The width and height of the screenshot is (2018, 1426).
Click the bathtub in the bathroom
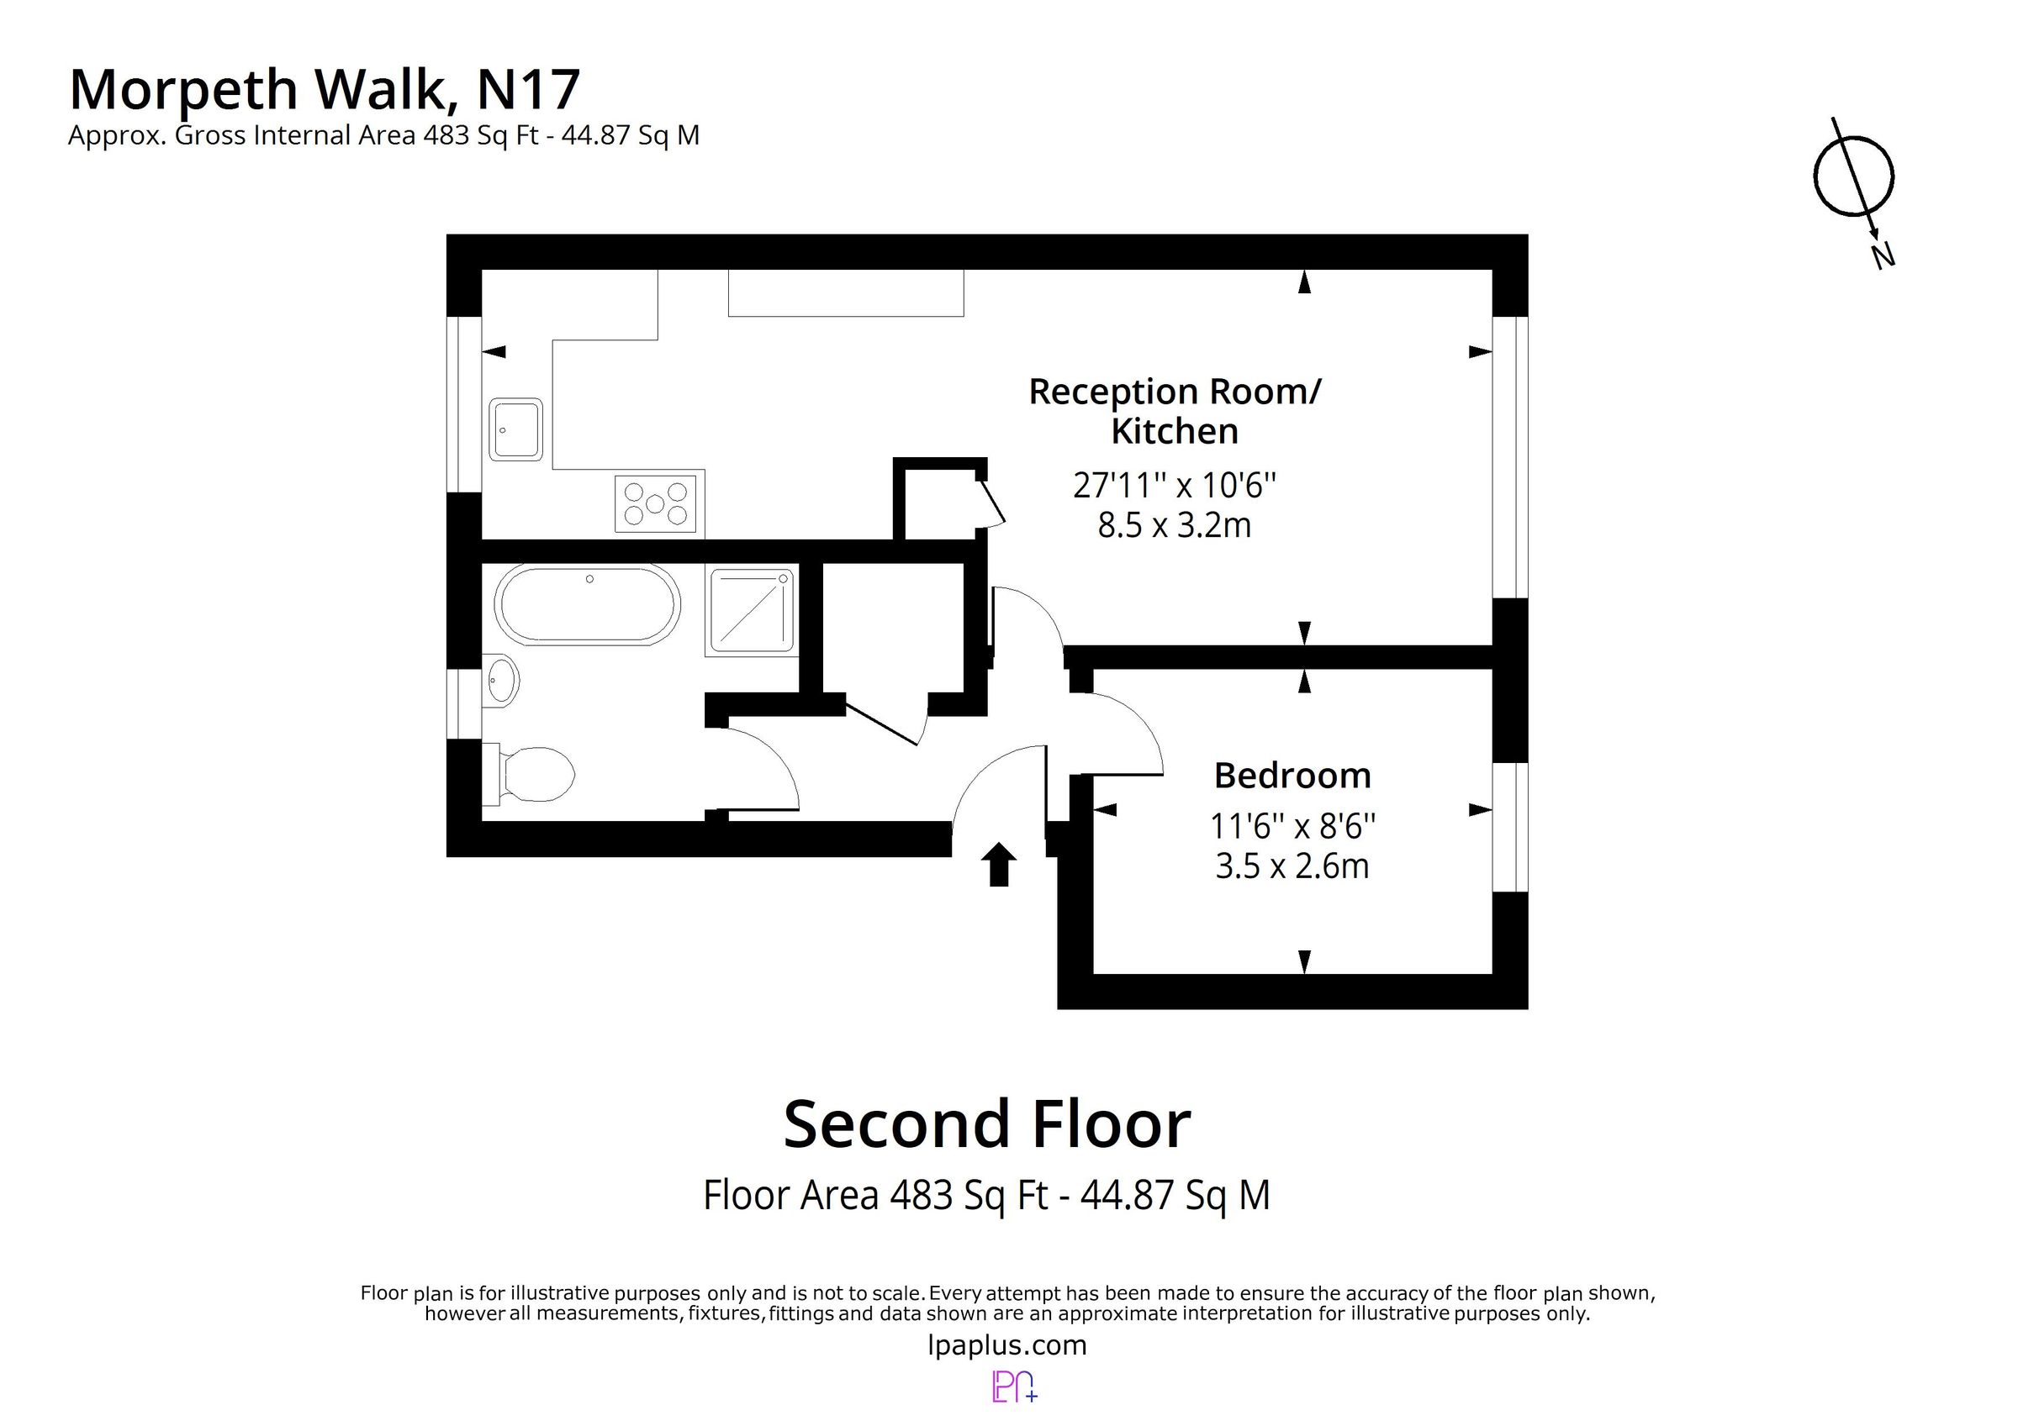coord(587,604)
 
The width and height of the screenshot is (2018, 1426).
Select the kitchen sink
coord(516,429)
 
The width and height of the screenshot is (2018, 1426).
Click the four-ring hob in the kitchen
coord(656,503)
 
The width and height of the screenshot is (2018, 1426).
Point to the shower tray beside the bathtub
coord(751,611)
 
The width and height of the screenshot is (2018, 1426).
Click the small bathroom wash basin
coord(501,680)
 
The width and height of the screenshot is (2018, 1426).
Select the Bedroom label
coord(1292,776)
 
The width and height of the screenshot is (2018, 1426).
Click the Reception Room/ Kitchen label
coord(1175,411)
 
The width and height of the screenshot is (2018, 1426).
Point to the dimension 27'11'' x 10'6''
coord(1175,485)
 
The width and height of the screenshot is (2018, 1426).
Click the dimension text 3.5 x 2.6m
coord(1292,866)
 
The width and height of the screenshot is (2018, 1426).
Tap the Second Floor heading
coord(986,1124)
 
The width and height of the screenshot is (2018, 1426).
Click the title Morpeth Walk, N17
coord(325,90)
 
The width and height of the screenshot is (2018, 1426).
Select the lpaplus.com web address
coord(1007,1345)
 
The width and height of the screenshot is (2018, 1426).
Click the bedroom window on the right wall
coord(1510,826)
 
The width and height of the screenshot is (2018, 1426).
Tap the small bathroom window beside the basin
coord(463,702)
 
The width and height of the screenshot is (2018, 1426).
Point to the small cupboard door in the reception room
coord(992,503)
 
